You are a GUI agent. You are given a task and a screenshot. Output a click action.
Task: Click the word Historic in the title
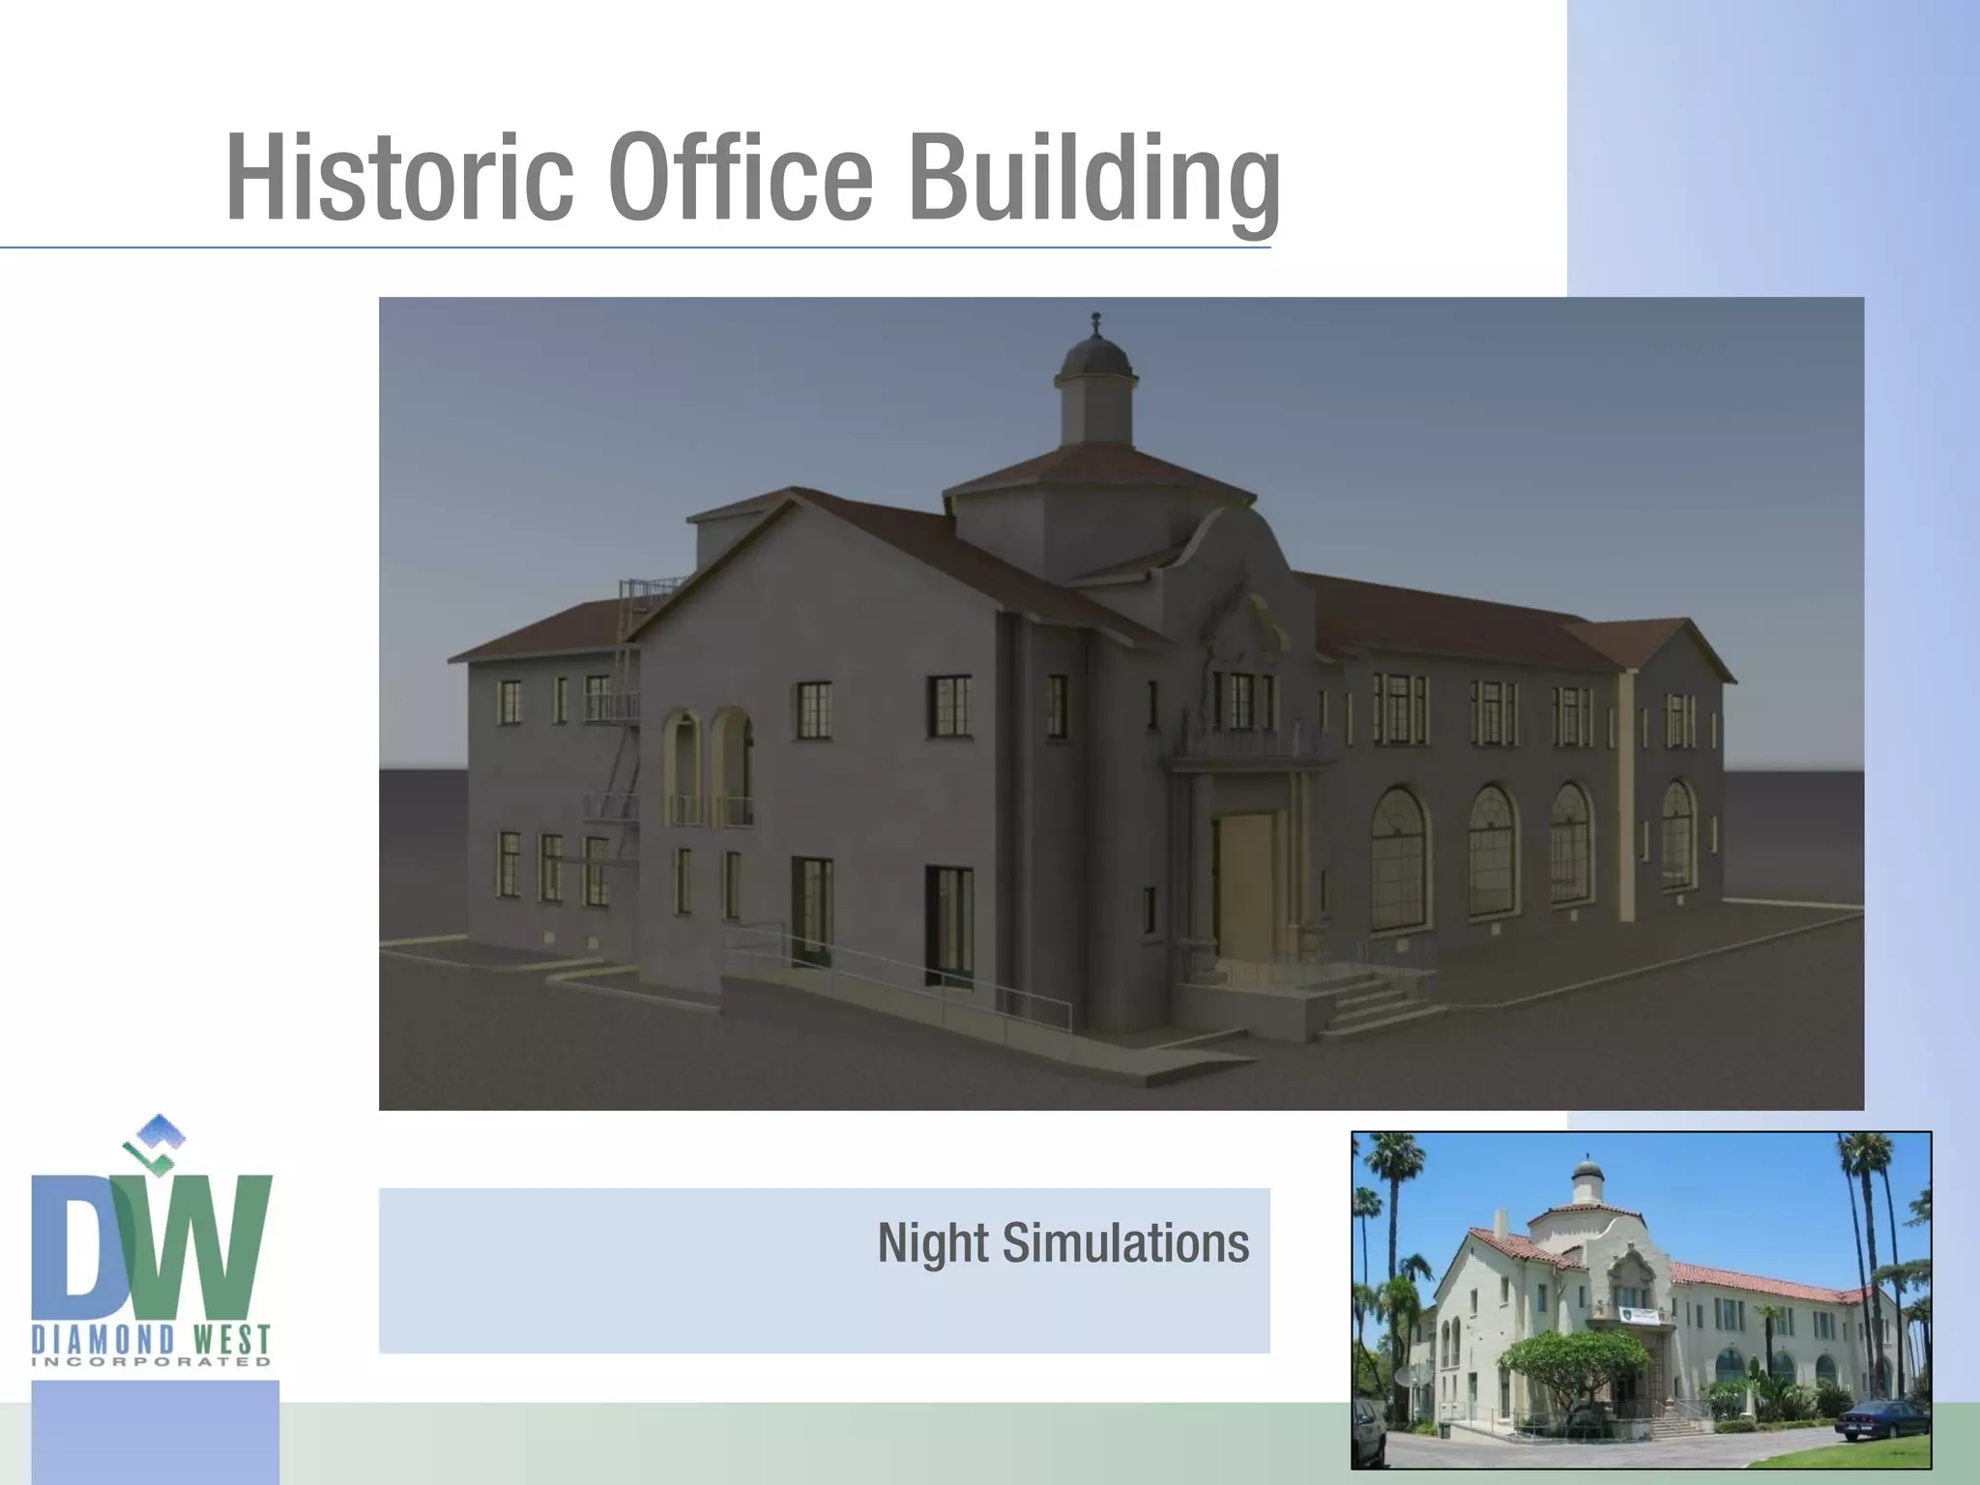[399, 177]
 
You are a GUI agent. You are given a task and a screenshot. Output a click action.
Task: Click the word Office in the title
[741, 177]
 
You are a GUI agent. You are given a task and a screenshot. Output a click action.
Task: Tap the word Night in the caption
[933, 1243]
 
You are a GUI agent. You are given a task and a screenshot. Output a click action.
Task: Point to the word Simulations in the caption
[1125, 1243]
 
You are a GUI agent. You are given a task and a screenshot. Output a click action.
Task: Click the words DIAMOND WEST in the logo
[152, 1340]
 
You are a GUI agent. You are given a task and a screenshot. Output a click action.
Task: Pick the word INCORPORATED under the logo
[152, 1362]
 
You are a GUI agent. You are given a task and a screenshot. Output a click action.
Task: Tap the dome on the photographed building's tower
[1587, 1172]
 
